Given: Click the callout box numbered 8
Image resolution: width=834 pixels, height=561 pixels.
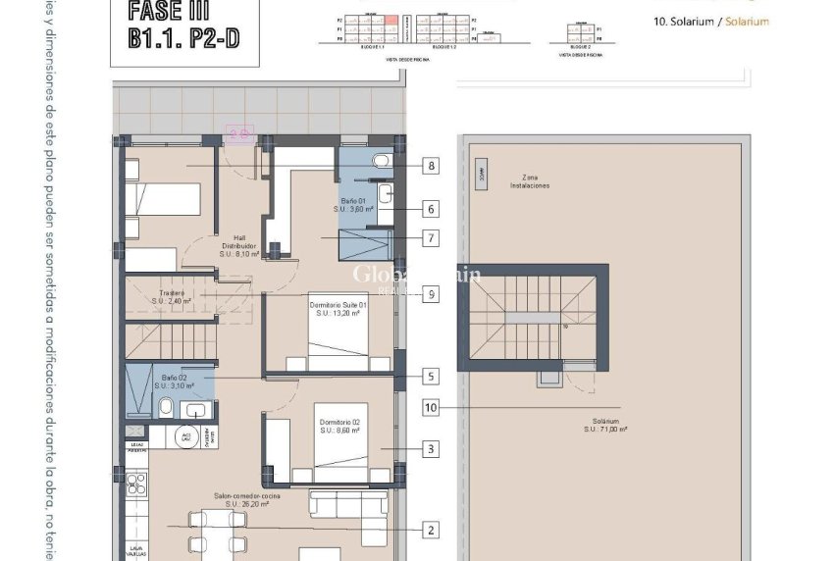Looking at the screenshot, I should pyautogui.click(x=430, y=166).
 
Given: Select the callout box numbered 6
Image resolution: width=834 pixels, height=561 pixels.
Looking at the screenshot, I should pyautogui.click(x=430, y=209).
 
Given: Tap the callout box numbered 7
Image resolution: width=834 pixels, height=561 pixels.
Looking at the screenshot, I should pyautogui.click(x=430, y=237).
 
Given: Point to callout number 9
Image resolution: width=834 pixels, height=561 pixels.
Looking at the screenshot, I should pyautogui.click(x=430, y=293).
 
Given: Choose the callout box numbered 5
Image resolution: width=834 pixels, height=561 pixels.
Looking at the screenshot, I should pyautogui.click(x=430, y=376).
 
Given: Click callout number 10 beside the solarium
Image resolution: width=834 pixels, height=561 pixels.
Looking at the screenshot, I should pyautogui.click(x=430, y=407).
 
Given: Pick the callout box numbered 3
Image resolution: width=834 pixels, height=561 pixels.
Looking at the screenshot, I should pyautogui.click(x=430, y=450).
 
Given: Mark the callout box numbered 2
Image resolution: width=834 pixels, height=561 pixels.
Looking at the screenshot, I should pyautogui.click(x=430, y=530).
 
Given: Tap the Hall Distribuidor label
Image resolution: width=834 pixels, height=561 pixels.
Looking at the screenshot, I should pyautogui.click(x=238, y=249).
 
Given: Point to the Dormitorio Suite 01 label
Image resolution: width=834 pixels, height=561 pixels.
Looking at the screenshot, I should pyautogui.click(x=338, y=310).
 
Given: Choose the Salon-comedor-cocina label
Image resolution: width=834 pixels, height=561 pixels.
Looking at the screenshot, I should pyautogui.click(x=247, y=500).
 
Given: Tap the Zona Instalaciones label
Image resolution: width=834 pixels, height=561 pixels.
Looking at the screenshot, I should pyautogui.click(x=529, y=180).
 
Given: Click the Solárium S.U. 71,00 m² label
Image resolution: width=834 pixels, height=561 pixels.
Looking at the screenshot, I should pyautogui.click(x=605, y=424).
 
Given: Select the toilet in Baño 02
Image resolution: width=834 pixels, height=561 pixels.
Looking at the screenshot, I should pyautogui.click(x=166, y=407).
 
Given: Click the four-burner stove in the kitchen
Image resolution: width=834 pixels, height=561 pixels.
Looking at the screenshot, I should pyautogui.click(x=135, y=484).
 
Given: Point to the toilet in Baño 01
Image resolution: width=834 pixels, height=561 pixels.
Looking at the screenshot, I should pyautogui.click(x=380, y=161).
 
